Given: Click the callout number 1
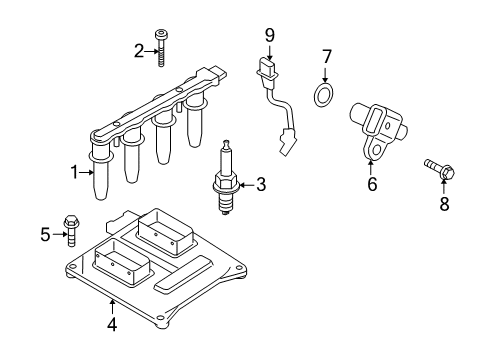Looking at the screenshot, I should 73,172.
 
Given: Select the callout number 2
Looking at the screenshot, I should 139,50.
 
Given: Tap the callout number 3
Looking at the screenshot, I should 261,184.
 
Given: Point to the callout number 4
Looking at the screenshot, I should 112,324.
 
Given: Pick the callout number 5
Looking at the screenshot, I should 45,236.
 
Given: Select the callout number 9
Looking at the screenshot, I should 269,35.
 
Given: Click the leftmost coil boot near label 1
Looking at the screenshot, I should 100,185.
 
